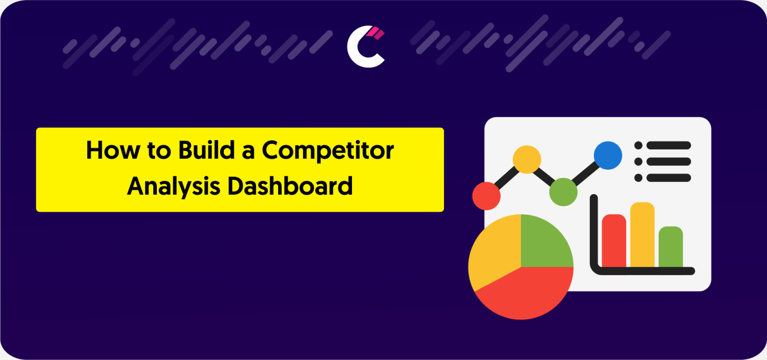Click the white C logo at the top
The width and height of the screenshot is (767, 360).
[361, 48]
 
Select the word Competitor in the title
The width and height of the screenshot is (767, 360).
[328, 150]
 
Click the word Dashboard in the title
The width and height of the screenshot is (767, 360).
[290, 186]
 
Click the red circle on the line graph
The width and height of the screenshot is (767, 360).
[486, 196]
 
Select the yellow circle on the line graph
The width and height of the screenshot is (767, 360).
[527, 159]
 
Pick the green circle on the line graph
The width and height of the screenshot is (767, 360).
[563, 192]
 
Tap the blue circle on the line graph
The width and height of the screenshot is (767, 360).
[608, 155]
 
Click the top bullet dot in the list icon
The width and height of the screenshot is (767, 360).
[638, 145]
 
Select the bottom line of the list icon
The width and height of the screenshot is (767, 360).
[669, 178]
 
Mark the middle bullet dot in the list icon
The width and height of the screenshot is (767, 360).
[638, 161]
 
